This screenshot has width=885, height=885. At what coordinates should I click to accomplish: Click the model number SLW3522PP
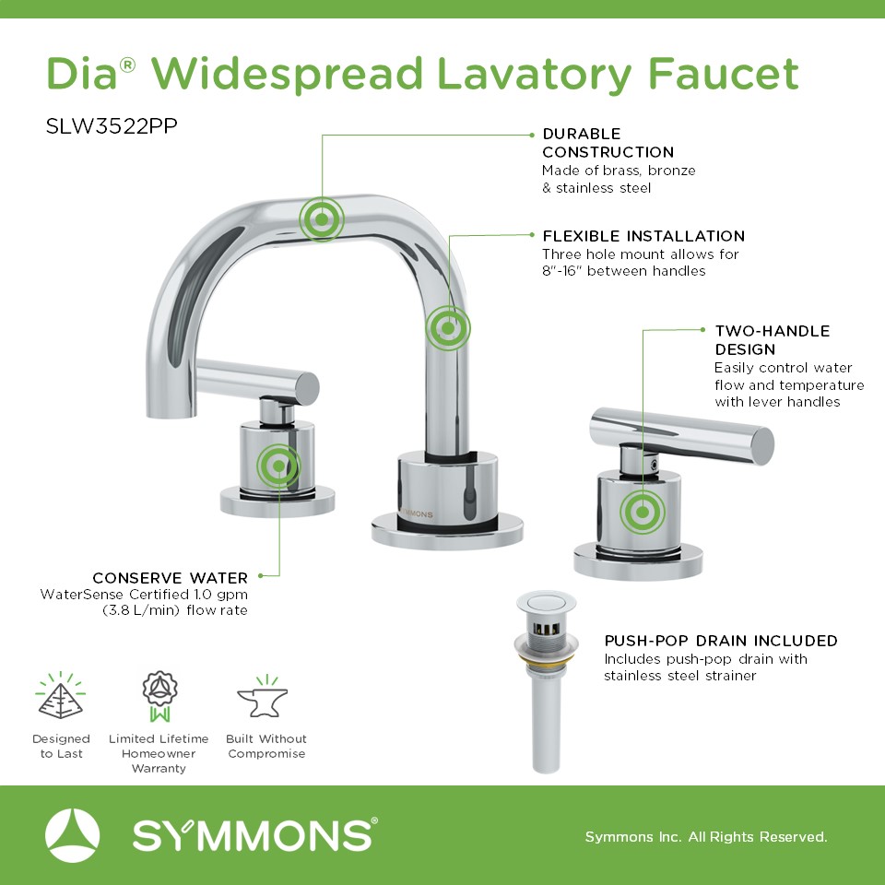pyautogui.click(x=112, y=126)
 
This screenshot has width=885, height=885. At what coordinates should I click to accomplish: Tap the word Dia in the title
pyautogui.click(x=82, y=74)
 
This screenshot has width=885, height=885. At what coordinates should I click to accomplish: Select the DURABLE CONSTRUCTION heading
pyautogui.click(x=608, y=143)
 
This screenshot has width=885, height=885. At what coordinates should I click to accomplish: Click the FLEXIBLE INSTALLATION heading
pyautogui.click(x=643, y=236)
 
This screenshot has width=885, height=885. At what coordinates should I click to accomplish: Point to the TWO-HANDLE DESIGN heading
pyautogui.click(x=773, y=340)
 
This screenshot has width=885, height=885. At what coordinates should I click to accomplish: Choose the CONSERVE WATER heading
pyautogui.click(x=171, y=578)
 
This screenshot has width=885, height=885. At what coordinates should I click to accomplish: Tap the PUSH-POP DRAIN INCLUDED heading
pyautogui.click(x=721, y=641)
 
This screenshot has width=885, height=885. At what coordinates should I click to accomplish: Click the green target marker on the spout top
pyautogui.click(x=321, y=219)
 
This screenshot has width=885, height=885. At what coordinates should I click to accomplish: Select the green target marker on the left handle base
pyautogui.click(x=278, y=466)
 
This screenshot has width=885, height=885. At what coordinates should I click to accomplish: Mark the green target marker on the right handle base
pyautogui.click(x=643, y=512)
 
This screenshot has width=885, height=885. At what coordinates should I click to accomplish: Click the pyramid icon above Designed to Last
pyautogui.click(x=61, y=696)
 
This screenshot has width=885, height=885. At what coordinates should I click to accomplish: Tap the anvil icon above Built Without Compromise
pyautogui.click(x=263, y=697)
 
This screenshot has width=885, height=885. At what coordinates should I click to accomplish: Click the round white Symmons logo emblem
pyautogui.click(x=72, y=835)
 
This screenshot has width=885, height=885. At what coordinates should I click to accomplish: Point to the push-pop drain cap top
pyautogui.click(x=546, y=602)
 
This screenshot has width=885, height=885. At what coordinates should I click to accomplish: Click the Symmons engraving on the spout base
pyautogui.click(x=417, y=514)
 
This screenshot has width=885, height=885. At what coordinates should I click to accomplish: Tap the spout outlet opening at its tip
pyautogui.click(x=171, y=416)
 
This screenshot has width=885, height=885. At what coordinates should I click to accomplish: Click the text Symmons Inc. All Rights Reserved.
pyautogui.click(x=706, y=836)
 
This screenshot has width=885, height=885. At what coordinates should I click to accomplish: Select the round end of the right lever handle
pyautogui.click(x=762, y=446)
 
